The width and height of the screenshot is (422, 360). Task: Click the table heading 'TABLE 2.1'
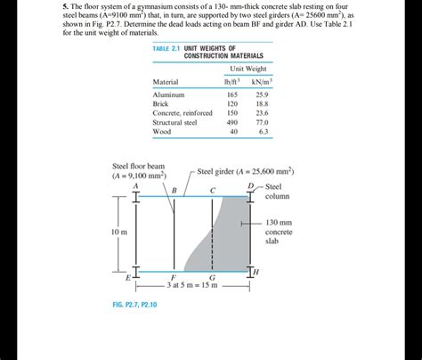(168, 48)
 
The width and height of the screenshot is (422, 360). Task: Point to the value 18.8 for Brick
(263, 104)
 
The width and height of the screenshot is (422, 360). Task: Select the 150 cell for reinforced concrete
(233, 113)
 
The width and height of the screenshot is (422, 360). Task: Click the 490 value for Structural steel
(233, 123)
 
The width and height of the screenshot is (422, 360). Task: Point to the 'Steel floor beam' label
(138, 167)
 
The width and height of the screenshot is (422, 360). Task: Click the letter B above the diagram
(174, 191)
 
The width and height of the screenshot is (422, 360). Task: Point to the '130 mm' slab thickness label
(279, 223)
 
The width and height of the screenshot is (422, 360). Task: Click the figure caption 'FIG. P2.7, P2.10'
(134, 305)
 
